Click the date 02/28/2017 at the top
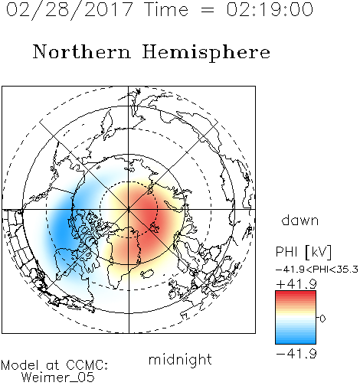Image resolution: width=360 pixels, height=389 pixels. point(69,10)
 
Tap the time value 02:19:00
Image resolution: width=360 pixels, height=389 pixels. point(270,9)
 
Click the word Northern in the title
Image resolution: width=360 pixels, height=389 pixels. point(81,51)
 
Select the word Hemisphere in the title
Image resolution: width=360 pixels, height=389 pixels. point(206,53)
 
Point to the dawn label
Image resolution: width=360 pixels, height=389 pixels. point(300,220)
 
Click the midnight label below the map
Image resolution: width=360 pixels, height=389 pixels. point(180,359)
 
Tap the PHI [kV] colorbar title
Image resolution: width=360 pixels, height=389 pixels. point(303,252)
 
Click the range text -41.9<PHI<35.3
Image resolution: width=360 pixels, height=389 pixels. point(317,270)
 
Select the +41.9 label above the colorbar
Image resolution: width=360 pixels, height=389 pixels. point(296,284)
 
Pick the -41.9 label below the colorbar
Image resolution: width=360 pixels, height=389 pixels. point(296,354)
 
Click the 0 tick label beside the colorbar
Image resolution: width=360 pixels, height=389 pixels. point(322,319)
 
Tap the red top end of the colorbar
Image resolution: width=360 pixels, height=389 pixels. point(296,293)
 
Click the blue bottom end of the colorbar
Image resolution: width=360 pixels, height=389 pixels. point(296,342)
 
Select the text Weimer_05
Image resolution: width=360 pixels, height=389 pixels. point(58,378)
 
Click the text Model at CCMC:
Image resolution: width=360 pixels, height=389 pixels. point(54,365)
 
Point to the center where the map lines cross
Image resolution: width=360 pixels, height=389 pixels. point(129,210)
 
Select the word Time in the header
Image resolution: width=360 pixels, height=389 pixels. point(166,10)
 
